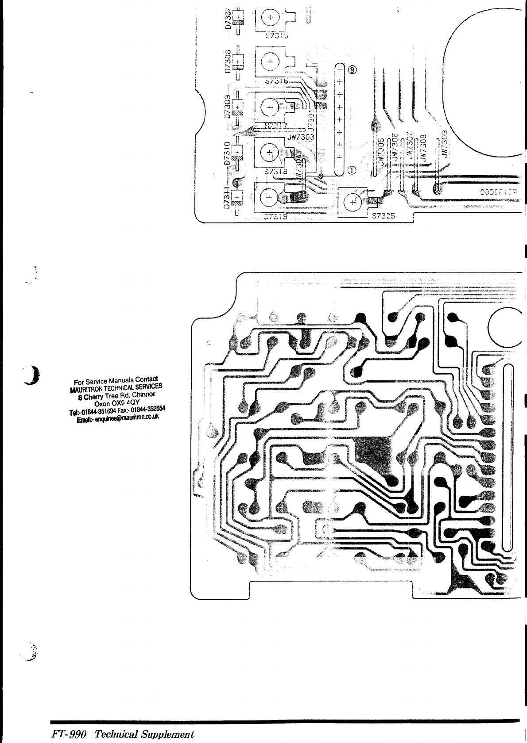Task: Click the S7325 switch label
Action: point(387,216)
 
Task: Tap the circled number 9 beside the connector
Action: point(353,70)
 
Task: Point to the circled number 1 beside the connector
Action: point(353,170)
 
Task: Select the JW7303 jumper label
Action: point(301,137)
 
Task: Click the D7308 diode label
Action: point(227,61)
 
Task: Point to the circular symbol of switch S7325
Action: point(353,203)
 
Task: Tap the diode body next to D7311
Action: point(238,196)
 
